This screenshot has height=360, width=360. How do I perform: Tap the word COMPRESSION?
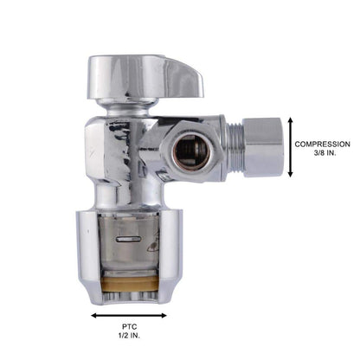point(322,144)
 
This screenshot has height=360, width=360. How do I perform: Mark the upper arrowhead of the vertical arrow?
point(290,122)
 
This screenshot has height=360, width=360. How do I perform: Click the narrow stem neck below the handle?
point(126,105)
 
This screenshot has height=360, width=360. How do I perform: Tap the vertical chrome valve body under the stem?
point(121,156)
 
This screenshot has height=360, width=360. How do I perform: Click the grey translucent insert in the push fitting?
point(130,251)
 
